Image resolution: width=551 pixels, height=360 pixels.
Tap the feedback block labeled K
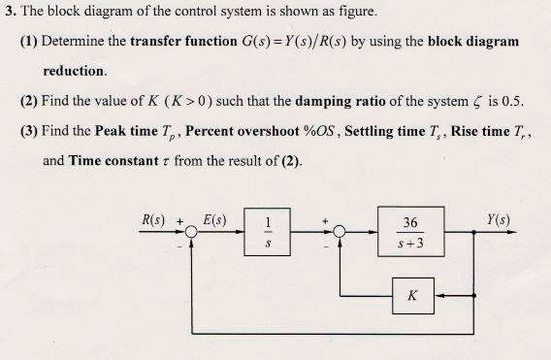tap(412, 295)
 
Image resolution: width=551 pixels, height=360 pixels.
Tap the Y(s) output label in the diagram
tap(502, 220)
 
